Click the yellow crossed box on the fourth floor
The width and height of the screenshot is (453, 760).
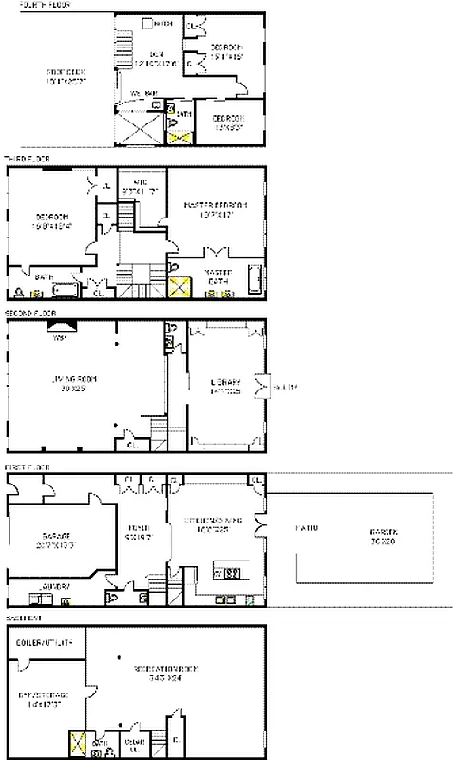[177, 139]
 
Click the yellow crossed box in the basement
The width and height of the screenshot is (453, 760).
[75, 743]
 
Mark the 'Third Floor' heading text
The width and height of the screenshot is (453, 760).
[25, 159]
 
